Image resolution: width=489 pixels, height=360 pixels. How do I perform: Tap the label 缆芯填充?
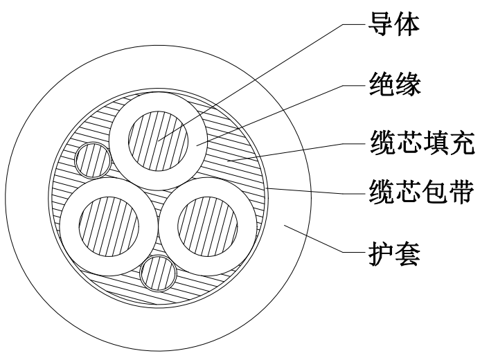pyautogui.click(x=419, y=147)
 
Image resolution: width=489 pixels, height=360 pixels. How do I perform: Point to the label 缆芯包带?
pyautogui.click(x=419, y=193)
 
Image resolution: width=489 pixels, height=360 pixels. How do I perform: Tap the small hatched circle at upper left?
pyautogui.click(x=92, y=160)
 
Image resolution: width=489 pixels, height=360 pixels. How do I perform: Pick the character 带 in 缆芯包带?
pyautogui.click(x=458, y=193)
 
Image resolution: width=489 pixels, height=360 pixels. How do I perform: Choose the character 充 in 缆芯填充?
pyautogui.click(x=458, y=147)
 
